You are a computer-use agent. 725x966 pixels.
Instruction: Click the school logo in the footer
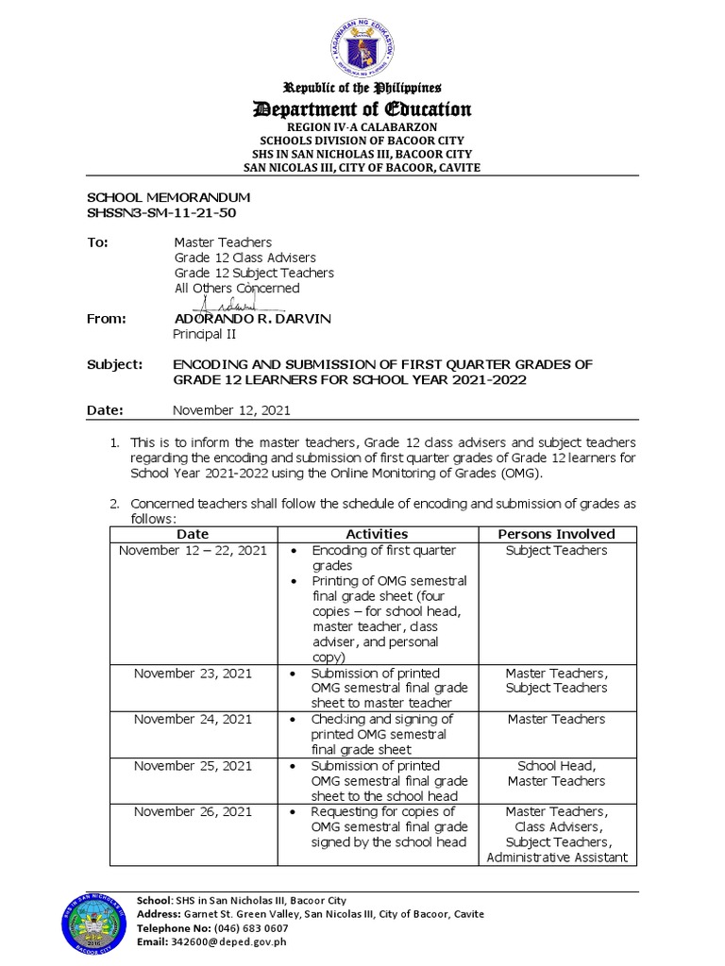point(93,921)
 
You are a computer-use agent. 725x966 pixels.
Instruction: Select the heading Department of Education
point(362,109)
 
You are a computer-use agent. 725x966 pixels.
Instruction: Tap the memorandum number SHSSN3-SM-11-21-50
point(161,212)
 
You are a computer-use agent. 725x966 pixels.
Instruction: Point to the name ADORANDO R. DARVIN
point(253,319)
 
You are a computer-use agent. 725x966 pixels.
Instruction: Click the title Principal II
point(204,334)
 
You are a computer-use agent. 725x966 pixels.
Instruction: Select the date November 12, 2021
point(231,410)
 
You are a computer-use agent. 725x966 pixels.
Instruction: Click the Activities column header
point(377,534)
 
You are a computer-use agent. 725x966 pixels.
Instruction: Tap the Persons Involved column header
point(556,534)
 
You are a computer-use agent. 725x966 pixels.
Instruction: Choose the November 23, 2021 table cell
point(193,674)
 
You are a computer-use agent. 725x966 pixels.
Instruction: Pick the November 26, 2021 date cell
point(193,811)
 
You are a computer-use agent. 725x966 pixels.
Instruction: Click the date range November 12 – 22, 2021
point(193,550)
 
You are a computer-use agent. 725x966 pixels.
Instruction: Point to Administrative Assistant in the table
point(556,858)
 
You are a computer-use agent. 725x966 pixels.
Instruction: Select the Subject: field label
point(114,364)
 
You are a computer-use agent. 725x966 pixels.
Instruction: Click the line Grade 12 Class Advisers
point(244,258)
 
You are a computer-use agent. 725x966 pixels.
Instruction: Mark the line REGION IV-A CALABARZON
point(362,126)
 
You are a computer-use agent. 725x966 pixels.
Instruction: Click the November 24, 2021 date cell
point(193,719)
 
